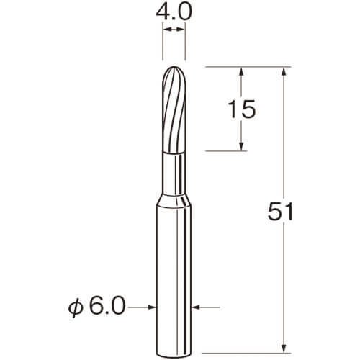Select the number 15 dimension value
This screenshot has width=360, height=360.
click(x=242, y=109)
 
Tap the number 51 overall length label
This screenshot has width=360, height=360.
click(x=280, y=211)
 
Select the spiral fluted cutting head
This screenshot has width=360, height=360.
click(x=174, y=109)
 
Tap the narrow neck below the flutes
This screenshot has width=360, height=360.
click(x=174, y=174)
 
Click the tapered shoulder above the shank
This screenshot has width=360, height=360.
click(x=174, y=200)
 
